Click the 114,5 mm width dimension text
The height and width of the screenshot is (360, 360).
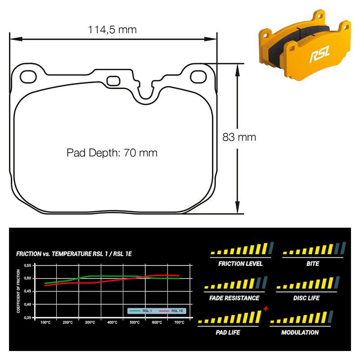[112, 30]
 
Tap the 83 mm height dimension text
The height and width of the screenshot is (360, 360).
[239, 137]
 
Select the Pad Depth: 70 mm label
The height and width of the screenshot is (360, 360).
[112, 153]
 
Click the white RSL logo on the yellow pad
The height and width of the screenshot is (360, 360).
[320, 54]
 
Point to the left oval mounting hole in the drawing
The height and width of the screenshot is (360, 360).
[28, 77]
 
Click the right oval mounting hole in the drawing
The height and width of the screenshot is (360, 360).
[198, 76]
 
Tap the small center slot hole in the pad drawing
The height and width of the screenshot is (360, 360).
[113, 81]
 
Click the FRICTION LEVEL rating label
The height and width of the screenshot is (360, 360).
[240, 264]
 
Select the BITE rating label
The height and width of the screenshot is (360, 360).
[313, 264]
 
